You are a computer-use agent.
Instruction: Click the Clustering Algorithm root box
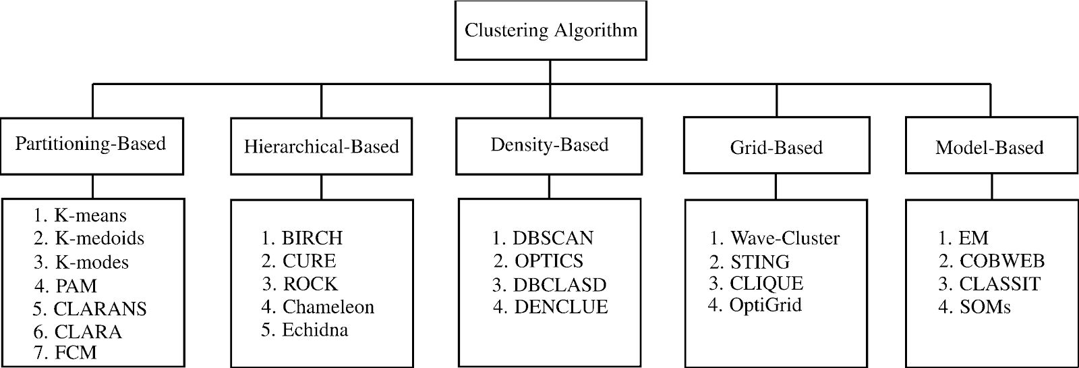(550, 30)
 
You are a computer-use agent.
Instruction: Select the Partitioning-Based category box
(92, 145)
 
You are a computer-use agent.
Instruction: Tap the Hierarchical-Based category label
(321, 147)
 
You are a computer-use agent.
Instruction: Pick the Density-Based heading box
(549, 145)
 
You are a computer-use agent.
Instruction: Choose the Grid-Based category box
(776, 147)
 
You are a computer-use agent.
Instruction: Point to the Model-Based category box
(989, 147)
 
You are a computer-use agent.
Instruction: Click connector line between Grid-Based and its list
(776, 186)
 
